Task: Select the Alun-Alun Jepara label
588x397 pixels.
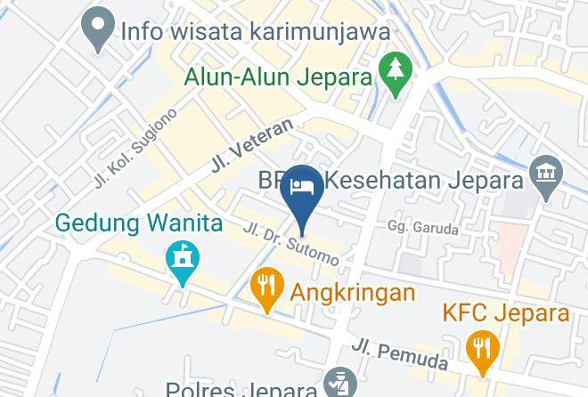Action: coord(277,77)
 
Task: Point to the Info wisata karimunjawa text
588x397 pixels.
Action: coord(256,31)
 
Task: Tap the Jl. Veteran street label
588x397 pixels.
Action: coord(251,145)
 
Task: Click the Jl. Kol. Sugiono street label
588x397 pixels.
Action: coord(135,148)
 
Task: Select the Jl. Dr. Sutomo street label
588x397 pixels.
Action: coord(290,243)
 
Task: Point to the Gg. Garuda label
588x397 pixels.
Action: coord(423,228)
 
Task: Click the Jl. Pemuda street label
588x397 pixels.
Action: coord(398,353)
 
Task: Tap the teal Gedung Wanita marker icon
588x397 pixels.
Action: coord(183,261)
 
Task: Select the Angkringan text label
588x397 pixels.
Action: coord(352,292)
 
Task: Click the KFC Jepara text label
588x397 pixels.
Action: coord(506,313)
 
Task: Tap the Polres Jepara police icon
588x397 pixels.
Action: coord(338,384)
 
